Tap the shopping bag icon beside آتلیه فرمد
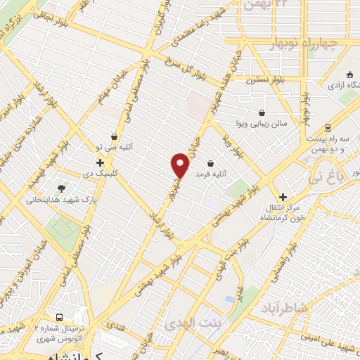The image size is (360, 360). (210, 164)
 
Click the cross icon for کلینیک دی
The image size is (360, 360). (101, 163)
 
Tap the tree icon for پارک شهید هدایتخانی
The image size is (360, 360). (62, 188)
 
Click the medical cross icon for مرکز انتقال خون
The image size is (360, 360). (283, 198)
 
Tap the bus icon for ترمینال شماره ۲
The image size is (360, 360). (60, 318)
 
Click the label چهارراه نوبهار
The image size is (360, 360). (304, 44)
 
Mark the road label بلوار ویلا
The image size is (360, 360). (234, 143)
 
